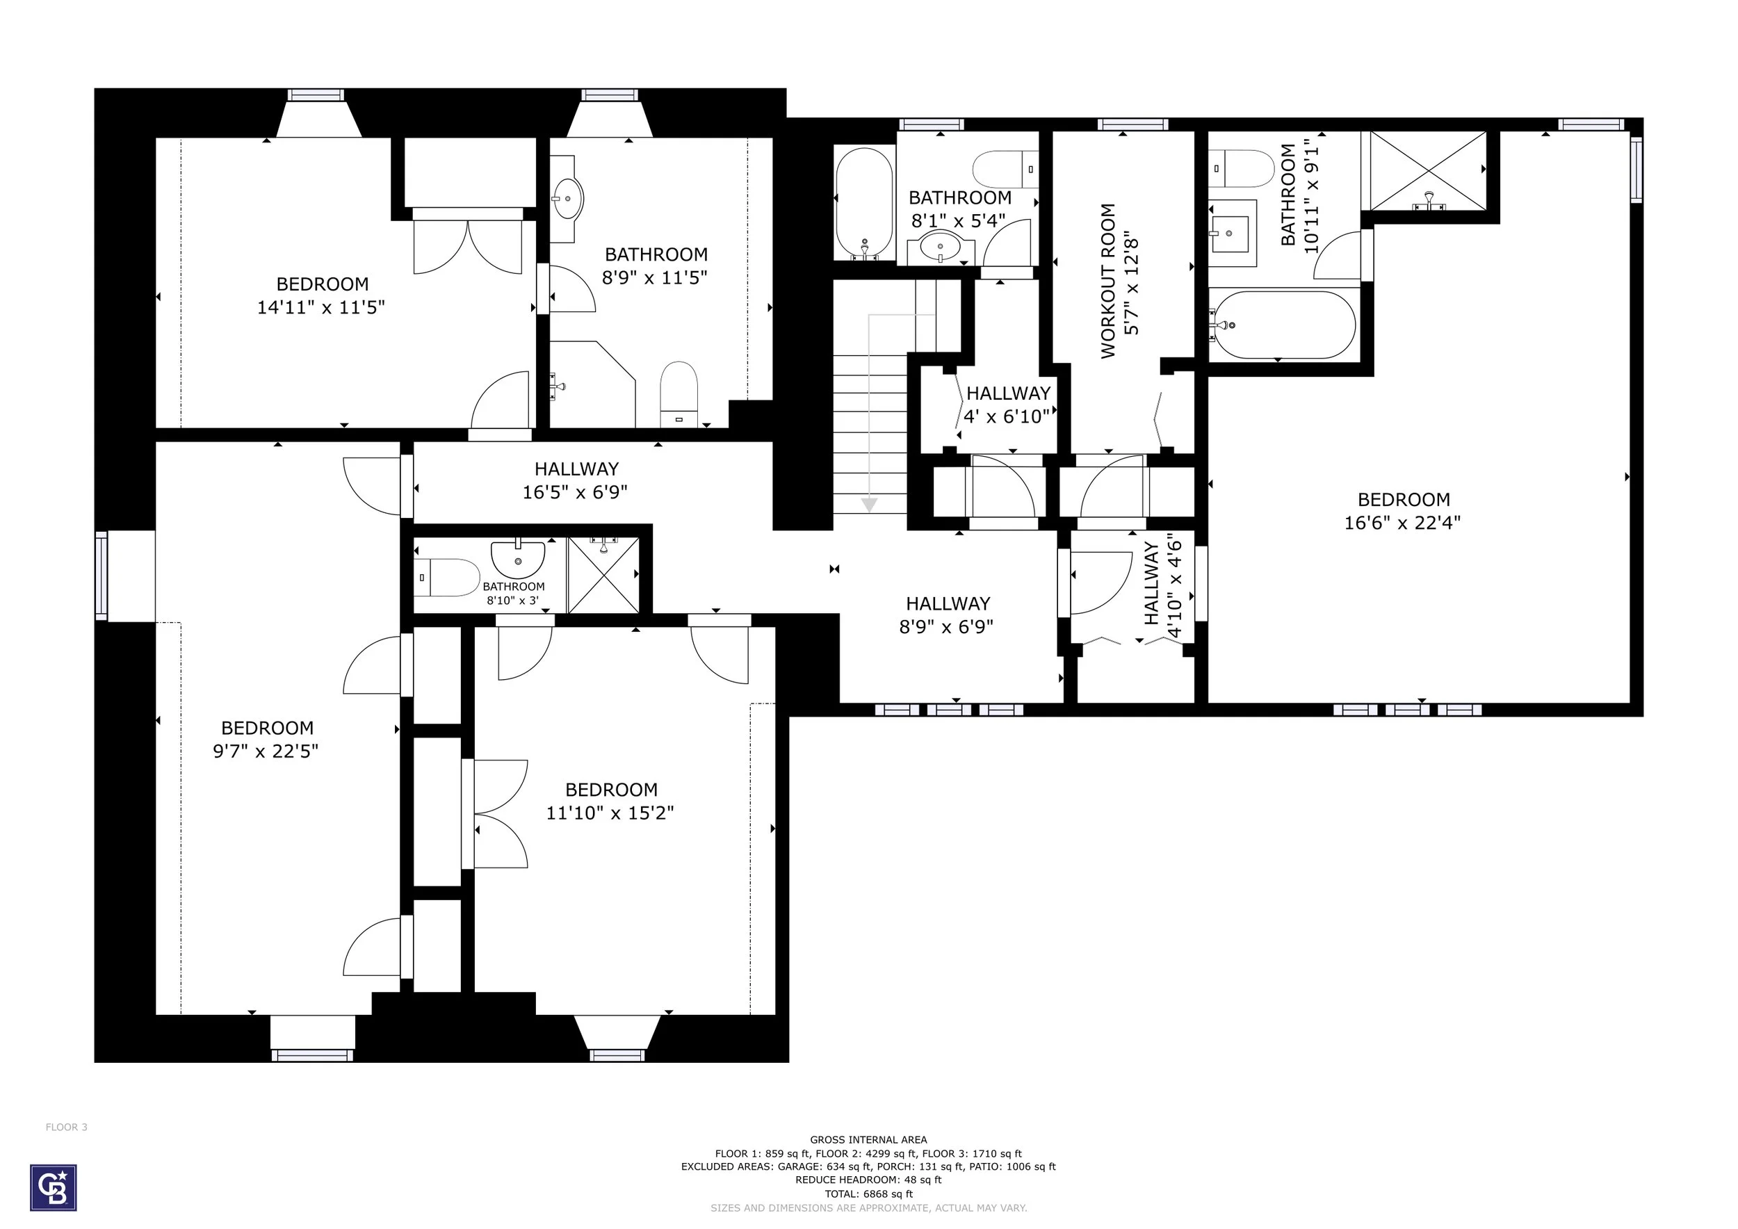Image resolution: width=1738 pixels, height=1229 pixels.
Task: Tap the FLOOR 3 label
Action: coord(67,1127)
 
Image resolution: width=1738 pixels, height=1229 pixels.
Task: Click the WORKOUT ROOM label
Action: coord(1108,281)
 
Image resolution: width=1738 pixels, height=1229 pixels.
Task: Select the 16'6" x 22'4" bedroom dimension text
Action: coord(1403,523)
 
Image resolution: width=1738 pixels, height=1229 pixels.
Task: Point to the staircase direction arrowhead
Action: coord(869,504)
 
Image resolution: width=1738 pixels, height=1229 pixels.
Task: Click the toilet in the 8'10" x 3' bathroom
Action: coord(446,578)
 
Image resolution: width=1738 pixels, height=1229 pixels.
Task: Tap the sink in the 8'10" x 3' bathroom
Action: coord(518,558)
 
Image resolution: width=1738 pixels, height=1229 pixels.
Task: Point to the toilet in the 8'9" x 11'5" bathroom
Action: coord(679,394)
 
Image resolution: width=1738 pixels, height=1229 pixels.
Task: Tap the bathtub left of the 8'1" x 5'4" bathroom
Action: coord(864,204)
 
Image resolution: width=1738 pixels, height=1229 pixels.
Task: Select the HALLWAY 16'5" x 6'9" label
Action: coord(576,480)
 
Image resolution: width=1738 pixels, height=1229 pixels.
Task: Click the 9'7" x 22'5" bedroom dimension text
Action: coord(266,751)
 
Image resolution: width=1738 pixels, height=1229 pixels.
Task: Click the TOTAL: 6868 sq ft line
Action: coord(868,1194)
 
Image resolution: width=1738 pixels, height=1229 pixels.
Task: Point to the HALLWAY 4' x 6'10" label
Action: coord(1007,405)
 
